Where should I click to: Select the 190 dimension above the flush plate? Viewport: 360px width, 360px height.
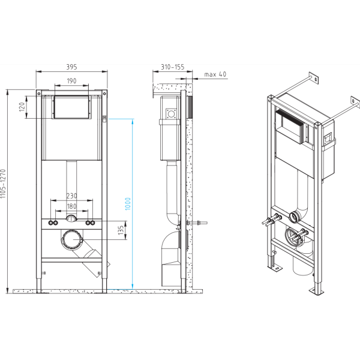tap(71, 80)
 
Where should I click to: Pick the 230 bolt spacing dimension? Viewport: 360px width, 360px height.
tap(71, 196)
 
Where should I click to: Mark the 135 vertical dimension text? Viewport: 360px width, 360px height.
tap(121, 229)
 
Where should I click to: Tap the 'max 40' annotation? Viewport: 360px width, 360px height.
tap(215, 74)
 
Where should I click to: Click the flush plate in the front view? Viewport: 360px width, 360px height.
tap(71, 108)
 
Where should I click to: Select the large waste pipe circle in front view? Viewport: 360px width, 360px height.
tap(73, 241)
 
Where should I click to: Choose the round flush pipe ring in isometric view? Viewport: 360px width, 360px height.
tap(295, 217)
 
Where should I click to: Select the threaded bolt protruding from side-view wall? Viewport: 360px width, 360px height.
tap(200, 224)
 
